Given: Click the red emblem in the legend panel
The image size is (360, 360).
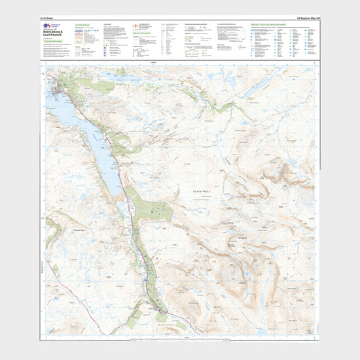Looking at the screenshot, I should coord(135,26).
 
